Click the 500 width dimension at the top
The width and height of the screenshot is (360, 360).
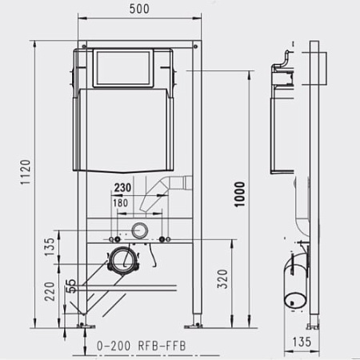click(x=139, y=10)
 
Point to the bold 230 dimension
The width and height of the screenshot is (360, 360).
click(x=122, y=188)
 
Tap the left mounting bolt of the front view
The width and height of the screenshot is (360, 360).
click(x=115, y=238)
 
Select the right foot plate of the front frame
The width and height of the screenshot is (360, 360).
click(x=195, y=324)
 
